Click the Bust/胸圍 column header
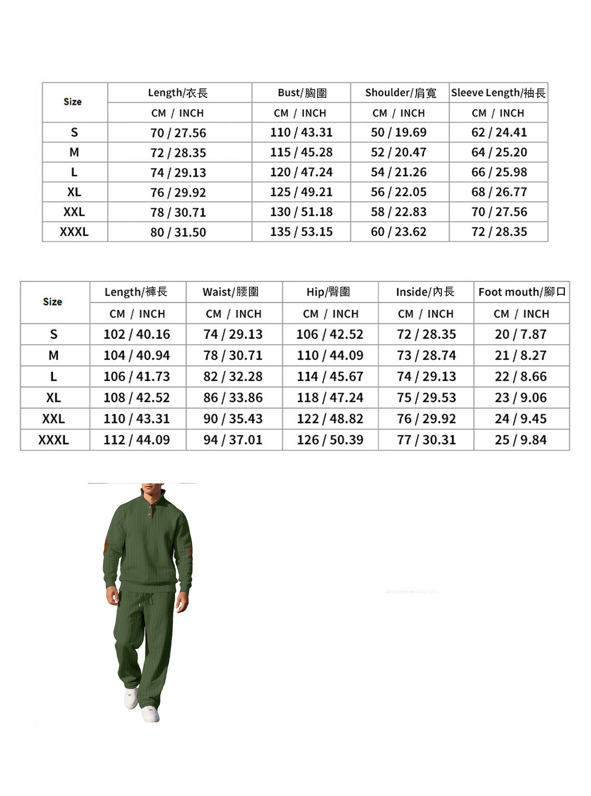pyautogui.click(x=302, y=93)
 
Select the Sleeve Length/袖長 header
pyautogui.click(x=498, y=93)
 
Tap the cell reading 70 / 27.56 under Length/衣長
pyautogui.click(x=178, y=133)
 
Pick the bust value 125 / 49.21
pyautogui.click(x=301, y=192)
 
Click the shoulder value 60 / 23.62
pyautogui.click(x=399, y=232)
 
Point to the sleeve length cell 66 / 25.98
pyautogui.click(x=499, y=172)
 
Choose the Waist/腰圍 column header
pyautogui.click(x=231, y=292)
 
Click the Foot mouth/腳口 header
pyautogui.click(x=522, y=292)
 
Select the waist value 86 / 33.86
pyautogui.click(x=233, y=398)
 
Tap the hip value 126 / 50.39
pyautogui.click(x=330, y=440)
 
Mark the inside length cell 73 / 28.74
pyautogui.click(x=426, y=355)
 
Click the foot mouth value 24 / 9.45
pyautogui.click(x=521, y=418)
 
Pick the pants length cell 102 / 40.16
pyautogui.click(x=136, y=334)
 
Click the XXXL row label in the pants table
pyautogui.click(x=54, y=440)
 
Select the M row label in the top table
pyautogui.click(x=74, y=152)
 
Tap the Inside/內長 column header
pyautogui.click(x=425, y=292)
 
